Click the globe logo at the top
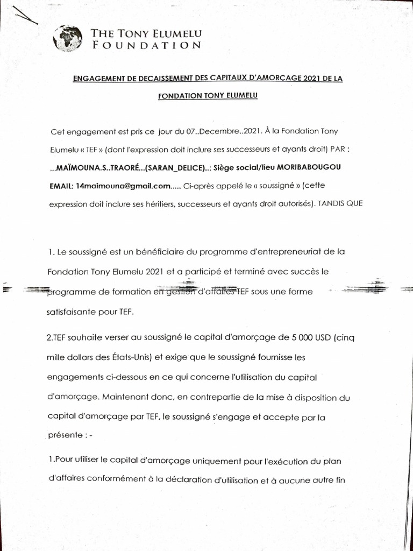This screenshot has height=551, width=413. click(x=68, y=39)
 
